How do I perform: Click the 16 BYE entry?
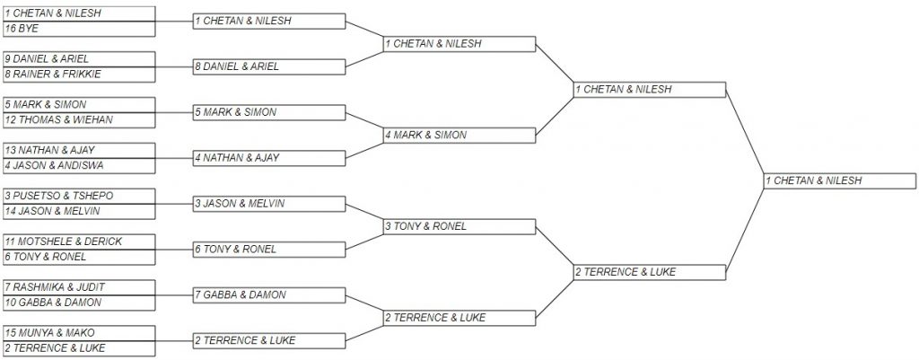click(x=79, y=29)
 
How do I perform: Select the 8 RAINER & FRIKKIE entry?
click(x=79, y=75)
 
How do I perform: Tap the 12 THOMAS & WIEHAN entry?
click(x=79, y=120)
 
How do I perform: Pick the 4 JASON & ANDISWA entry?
click(x=79, y=166)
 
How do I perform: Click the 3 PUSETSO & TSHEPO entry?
click(x=79, y=196)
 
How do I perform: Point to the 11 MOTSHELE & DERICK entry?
click(x=79, y=241)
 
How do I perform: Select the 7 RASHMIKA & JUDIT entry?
click(x=79, y=287)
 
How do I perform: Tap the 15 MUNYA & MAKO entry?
click(x=79, y=333)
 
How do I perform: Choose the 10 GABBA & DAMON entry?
click(x=79, y=303)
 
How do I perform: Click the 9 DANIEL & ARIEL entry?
click(x=79, y=59)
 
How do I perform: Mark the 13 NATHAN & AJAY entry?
click(x=79, y=151)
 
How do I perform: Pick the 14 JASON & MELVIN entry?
click(x=79, y=212)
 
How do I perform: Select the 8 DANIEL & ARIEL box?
click(x=269, y=66)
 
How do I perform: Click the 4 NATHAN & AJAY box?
click(x=269, y=158)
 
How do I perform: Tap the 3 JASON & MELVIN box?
click(x=269, y=204)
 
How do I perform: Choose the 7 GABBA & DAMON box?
click(x=269, y=295)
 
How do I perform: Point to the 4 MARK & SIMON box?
click(x=459, y=136)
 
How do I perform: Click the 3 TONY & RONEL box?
click(x=459, y=227)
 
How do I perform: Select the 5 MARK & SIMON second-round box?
click(x=269, y=112)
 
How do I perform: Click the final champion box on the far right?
click(x=840, y=181)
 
